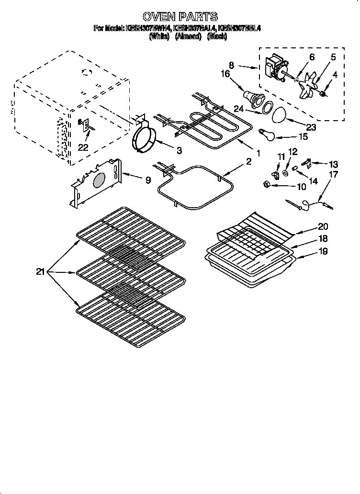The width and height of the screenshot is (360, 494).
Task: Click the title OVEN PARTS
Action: click(180, 17)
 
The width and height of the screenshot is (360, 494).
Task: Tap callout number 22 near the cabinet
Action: click(84, 147)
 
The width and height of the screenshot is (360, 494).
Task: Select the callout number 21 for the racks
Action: click(41, 272)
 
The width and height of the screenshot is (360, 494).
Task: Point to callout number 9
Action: click(148, 180)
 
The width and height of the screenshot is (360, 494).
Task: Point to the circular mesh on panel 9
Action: click(98, 181)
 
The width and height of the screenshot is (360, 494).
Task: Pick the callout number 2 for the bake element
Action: click(248, 162)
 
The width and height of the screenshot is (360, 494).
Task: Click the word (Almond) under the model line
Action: click(188, 36)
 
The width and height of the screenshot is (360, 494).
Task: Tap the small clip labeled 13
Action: click(309, 164)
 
